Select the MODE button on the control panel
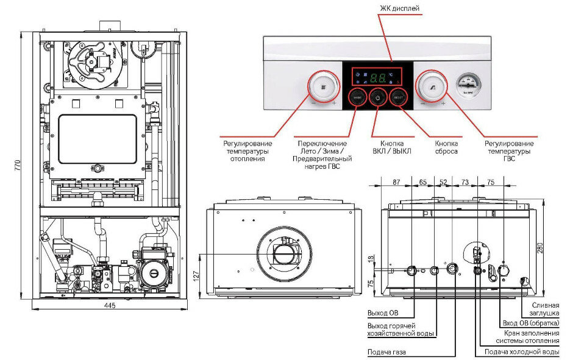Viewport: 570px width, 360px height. point(357,97)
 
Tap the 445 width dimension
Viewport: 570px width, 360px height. point(110,305)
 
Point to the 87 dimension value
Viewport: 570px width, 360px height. point(396,182)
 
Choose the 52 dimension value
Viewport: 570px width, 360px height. point(443,182)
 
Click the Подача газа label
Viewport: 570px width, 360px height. point(387,352)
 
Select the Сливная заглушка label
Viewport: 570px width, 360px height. point(545,309)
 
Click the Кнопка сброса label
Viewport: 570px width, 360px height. point(446,147)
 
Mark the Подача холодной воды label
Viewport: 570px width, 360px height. point(521,352)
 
